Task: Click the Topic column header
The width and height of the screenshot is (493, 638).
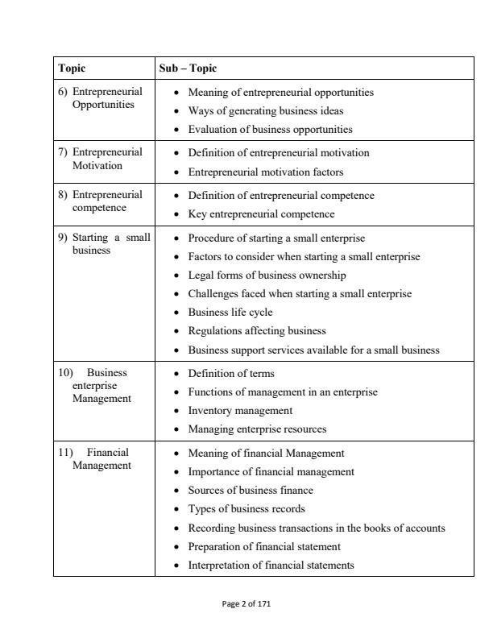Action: point(72,68)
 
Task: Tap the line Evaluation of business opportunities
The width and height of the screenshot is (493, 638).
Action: point(270,129)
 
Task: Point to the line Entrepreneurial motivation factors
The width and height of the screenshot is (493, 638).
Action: point(265,172)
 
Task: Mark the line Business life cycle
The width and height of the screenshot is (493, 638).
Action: point(230,313)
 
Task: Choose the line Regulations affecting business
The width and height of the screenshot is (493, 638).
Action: point(256,331)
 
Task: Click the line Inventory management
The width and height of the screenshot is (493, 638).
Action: point(239,411)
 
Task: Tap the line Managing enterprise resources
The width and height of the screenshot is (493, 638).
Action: point(256,429)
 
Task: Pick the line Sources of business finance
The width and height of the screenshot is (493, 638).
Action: point(250,491)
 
